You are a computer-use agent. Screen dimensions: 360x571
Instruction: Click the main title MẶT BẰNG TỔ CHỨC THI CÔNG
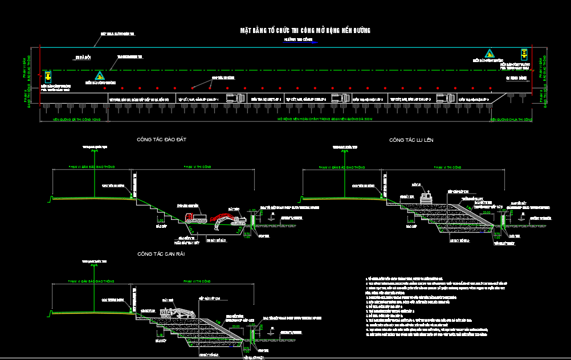pos(305,30)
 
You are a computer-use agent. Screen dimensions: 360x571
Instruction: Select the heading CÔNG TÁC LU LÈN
pos(411,140)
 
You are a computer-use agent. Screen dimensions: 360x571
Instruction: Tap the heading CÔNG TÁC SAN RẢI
pos(161,254)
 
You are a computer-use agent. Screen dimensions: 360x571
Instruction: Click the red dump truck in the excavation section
pos(195,216)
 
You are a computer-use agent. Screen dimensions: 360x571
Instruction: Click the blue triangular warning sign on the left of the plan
pos(100,75)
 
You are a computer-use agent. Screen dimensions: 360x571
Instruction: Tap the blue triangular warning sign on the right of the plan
pos(488,53)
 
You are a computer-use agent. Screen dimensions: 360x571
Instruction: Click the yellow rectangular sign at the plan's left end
pos(48,75)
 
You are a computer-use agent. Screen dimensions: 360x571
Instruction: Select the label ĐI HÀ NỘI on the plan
pos(83,58)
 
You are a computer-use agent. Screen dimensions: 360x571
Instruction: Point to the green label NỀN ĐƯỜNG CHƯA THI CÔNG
pos(511,120)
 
